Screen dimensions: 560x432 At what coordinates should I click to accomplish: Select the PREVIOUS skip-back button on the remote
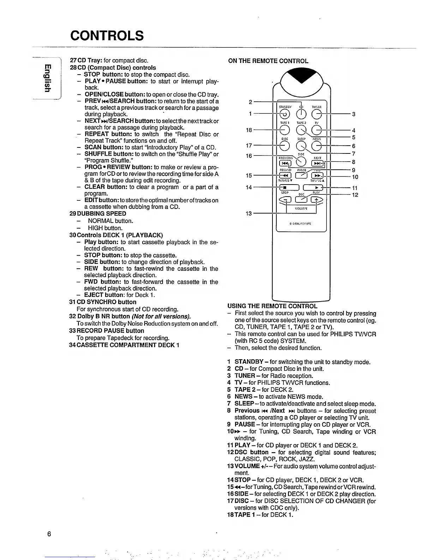click(284, 163)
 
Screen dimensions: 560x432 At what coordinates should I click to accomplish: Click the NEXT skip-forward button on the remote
click(317, 163)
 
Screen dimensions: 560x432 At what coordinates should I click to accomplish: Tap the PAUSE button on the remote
click(301, 176)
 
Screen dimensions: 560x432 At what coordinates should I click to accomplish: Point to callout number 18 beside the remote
click(249, 130)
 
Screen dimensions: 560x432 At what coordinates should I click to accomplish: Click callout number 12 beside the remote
click(355, 195)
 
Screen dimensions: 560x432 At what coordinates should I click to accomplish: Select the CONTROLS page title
click(107, 36)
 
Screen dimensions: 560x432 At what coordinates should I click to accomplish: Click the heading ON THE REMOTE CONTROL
click(268, 61)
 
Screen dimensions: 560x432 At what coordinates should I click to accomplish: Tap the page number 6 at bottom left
click(49, 534)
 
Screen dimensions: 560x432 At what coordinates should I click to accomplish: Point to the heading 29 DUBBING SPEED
click(98, 214)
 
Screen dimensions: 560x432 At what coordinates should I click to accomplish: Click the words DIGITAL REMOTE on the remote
click(301, 224)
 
